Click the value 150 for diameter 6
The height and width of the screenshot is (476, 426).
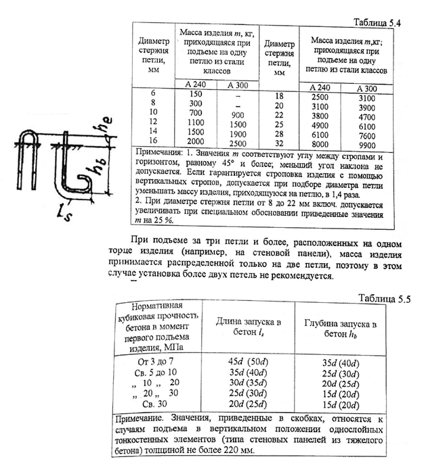click(196, 93)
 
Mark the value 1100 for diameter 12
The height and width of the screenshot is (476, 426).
click(196, 124)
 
